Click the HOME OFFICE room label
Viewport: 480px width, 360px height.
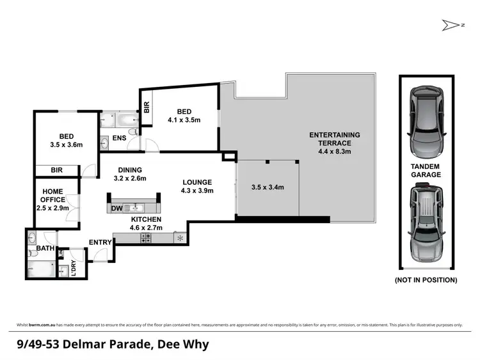tap(53, 196)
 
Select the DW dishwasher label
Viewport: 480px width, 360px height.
tap(116, 208)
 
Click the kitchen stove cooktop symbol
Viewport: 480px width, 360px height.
tap(145, 239)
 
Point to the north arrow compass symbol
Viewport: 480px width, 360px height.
tap(447, 25)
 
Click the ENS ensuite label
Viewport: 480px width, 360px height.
tap(119, 137)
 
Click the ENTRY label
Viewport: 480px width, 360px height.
tap(100, 242)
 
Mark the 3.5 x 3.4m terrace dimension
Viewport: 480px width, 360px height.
tap(268, 187)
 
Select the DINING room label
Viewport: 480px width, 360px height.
tap(129, 170)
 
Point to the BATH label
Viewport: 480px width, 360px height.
tap(45, 248)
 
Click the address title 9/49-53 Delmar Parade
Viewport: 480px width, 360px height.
tap(112, 344)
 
